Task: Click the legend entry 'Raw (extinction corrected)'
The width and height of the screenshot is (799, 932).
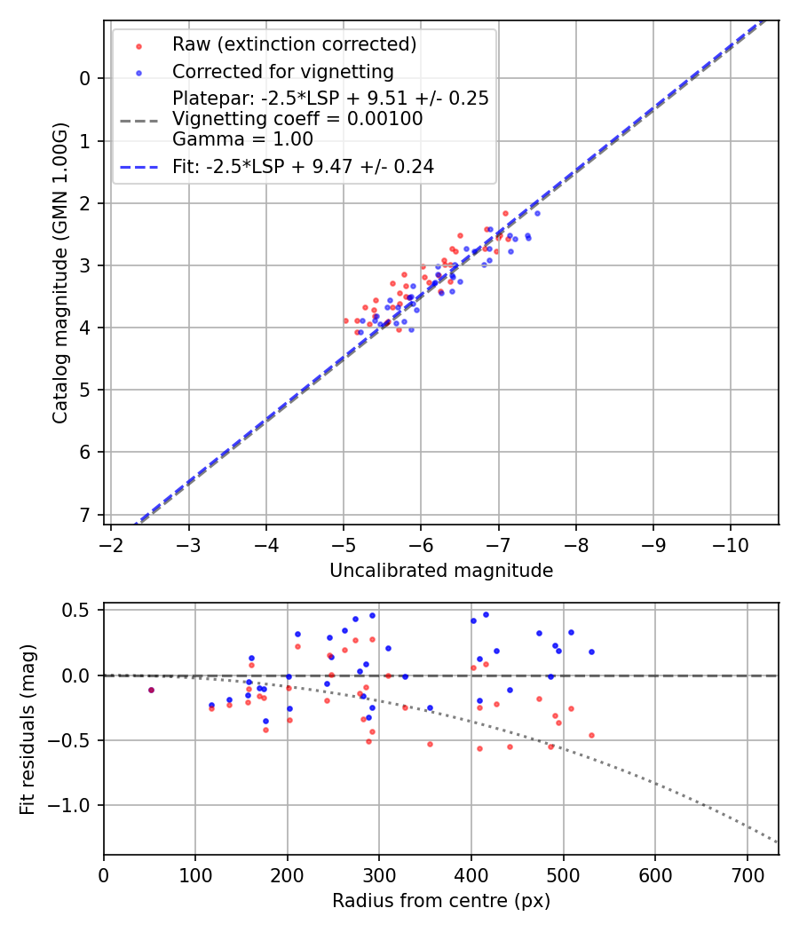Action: [x=294, y=44]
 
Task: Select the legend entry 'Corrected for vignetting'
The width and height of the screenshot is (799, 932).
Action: [x=282, y=71]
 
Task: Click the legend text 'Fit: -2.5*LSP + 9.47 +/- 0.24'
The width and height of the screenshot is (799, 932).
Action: [x=303, y=166]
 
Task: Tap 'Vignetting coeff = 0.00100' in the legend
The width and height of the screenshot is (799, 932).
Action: [x=297, y=119]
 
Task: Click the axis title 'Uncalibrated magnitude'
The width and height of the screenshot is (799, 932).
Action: [x=441, y=571]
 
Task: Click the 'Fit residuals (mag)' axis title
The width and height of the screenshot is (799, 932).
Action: [x=28, y=729]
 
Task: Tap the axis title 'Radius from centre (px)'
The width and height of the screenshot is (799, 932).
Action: [x=441, y=901]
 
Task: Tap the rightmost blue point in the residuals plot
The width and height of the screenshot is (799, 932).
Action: [x=591, y=652]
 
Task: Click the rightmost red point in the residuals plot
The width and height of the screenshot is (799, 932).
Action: [x=591, y=735]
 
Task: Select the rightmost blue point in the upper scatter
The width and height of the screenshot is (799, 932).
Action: [x=536, y=213]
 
